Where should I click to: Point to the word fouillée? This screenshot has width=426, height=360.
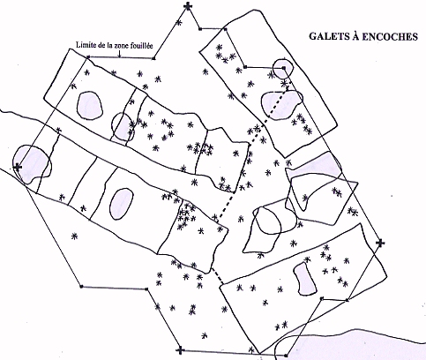(x=141, y=46)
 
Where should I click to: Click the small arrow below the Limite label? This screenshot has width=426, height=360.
(x=119, y=53)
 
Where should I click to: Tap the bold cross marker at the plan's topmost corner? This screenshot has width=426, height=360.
(x=188, y=6)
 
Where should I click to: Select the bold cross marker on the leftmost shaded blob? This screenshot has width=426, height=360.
(x=18, y=168)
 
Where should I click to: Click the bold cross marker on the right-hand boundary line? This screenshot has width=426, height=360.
(x=380, y=243)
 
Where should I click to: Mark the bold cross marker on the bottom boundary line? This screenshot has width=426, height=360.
(x=180, y=350)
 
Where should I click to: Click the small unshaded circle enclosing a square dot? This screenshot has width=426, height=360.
(x=283, y=68)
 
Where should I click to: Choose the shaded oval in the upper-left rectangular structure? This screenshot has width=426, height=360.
(x=90, y=106)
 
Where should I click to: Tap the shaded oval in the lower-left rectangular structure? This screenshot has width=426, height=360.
(x=121, y=204)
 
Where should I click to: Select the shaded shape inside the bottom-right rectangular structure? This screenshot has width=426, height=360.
(x=305, y=278)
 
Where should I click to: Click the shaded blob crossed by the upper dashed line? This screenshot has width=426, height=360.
(x=280, y=105)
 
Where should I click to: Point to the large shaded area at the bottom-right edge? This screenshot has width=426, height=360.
(x=351, y=345)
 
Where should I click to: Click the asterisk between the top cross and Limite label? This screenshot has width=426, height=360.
(x=178, y=22)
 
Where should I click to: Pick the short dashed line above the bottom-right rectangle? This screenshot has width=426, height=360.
(x=217, y=276)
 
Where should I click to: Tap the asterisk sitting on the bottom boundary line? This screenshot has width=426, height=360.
(x=251, y=350)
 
